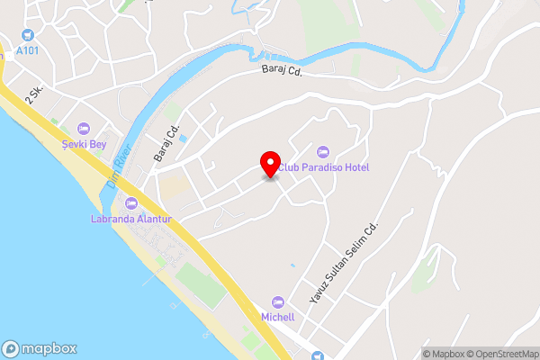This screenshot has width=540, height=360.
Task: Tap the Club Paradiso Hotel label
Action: point(323,167)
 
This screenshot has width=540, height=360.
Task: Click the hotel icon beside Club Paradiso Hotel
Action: point(323,151)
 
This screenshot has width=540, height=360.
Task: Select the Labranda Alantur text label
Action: point(131,219)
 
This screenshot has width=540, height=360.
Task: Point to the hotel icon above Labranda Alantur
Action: point(131,203)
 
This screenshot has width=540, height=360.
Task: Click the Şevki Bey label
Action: point(84,144)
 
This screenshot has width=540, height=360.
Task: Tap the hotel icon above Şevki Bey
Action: point(84,129)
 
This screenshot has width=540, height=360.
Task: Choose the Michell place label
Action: point(277,317)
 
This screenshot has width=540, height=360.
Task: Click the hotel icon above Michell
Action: point(277,301)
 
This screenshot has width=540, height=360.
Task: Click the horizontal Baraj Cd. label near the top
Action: point(281,71)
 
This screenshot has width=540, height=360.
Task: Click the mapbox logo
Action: point(39,349)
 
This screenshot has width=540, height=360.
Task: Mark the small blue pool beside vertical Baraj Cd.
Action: point(184,139)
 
